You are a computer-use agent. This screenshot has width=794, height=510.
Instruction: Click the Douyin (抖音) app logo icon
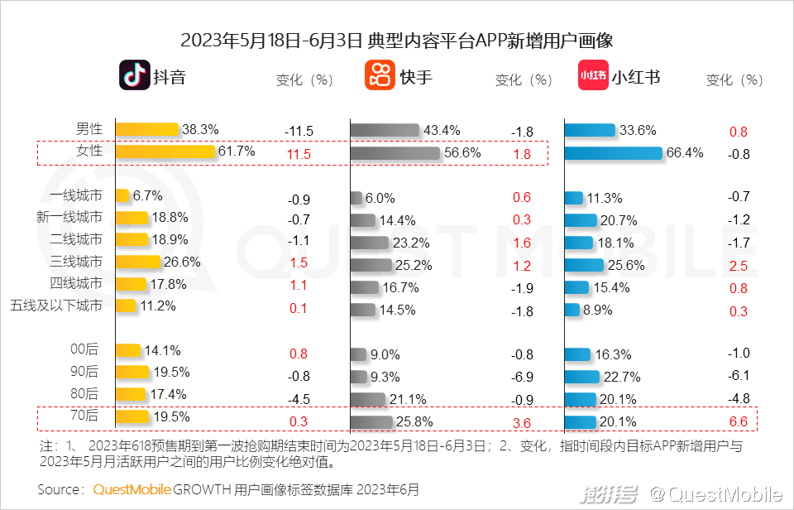[134, 75]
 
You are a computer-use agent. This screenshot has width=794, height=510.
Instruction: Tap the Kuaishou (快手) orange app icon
[380, 75]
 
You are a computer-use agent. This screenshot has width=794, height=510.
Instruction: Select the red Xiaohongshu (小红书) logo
[593, 75]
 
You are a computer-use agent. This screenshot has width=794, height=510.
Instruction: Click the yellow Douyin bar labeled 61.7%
[165, 152]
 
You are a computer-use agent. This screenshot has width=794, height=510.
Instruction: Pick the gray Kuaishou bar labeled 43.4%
[385, 131]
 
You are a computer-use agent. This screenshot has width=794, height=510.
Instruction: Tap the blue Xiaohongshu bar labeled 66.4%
[614, 153]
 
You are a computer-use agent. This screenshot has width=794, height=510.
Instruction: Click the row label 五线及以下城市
[56, 306]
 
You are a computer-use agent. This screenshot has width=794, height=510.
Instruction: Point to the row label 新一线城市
[69, 217]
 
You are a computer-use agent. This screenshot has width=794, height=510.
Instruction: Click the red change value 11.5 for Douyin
[299, 154]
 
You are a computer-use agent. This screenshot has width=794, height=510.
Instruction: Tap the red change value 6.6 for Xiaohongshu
[739, 422]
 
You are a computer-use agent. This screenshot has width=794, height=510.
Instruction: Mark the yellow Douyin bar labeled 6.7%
[122, 196]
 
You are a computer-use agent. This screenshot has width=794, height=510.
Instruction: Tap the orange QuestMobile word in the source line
[132, 489]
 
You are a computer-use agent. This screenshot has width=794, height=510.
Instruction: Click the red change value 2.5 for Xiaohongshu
[739, 267]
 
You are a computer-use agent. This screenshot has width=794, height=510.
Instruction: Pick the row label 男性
[89, 129]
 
